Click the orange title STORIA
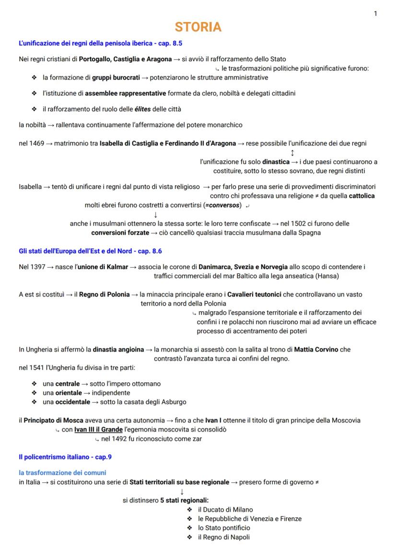click(198, 27)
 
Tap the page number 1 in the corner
click(375, 13)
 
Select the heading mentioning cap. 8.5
click(100, 44)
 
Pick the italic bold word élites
click(142, 109)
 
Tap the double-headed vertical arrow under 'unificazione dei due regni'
click(292, 153)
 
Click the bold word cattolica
click(362, 196)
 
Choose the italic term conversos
click(222, 206)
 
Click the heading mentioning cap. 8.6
click(94, 251)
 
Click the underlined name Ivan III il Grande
click(95, 430)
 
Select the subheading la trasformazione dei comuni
click(62, 473)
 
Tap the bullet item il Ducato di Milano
click(225, 510)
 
